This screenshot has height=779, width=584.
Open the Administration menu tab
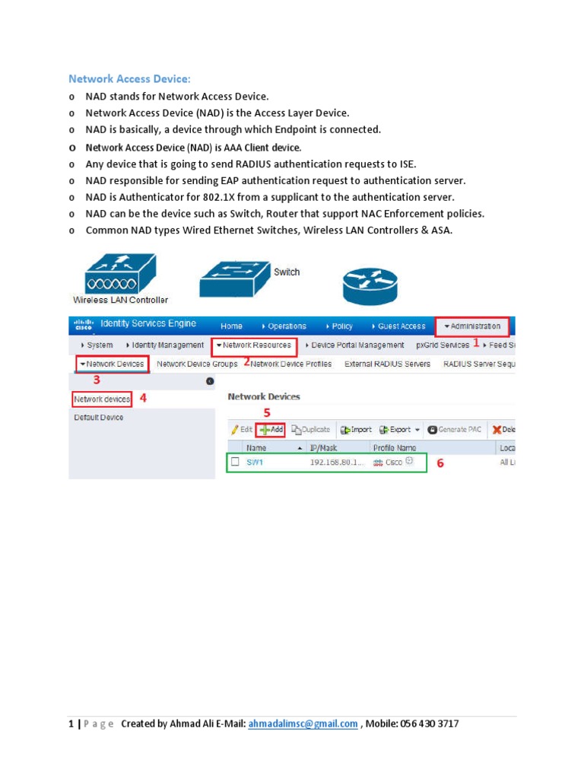(x=471, y=326)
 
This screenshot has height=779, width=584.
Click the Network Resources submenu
(x=254, y=345)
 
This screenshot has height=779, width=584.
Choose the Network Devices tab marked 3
(x=113, y=364)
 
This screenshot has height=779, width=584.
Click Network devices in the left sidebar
(x=102, y=399)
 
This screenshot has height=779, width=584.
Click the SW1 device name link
(x=255, y=463)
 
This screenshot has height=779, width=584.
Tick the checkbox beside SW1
(x=235, y=462)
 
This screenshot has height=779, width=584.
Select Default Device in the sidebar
(x=99, y=418)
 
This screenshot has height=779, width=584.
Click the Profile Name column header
(x=395, y=448)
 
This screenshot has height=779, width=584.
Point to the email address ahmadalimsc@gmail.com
(x=303, y=724)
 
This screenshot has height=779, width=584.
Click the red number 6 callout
(x=440, y=463)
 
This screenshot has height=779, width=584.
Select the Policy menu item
(x=339, y=326)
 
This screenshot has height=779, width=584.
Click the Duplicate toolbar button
(x=311, y=430)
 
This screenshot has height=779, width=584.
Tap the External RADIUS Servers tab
(x=387, y=364)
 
